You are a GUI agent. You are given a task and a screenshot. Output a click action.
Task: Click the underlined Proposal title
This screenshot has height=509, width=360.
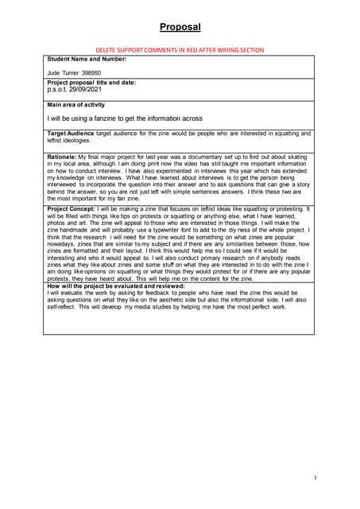180,27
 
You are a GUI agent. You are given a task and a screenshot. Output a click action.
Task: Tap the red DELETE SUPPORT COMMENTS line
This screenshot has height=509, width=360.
180,49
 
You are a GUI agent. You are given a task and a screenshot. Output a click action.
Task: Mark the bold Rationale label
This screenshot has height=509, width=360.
62,157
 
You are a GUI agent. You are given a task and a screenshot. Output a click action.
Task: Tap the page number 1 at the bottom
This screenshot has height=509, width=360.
315,477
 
